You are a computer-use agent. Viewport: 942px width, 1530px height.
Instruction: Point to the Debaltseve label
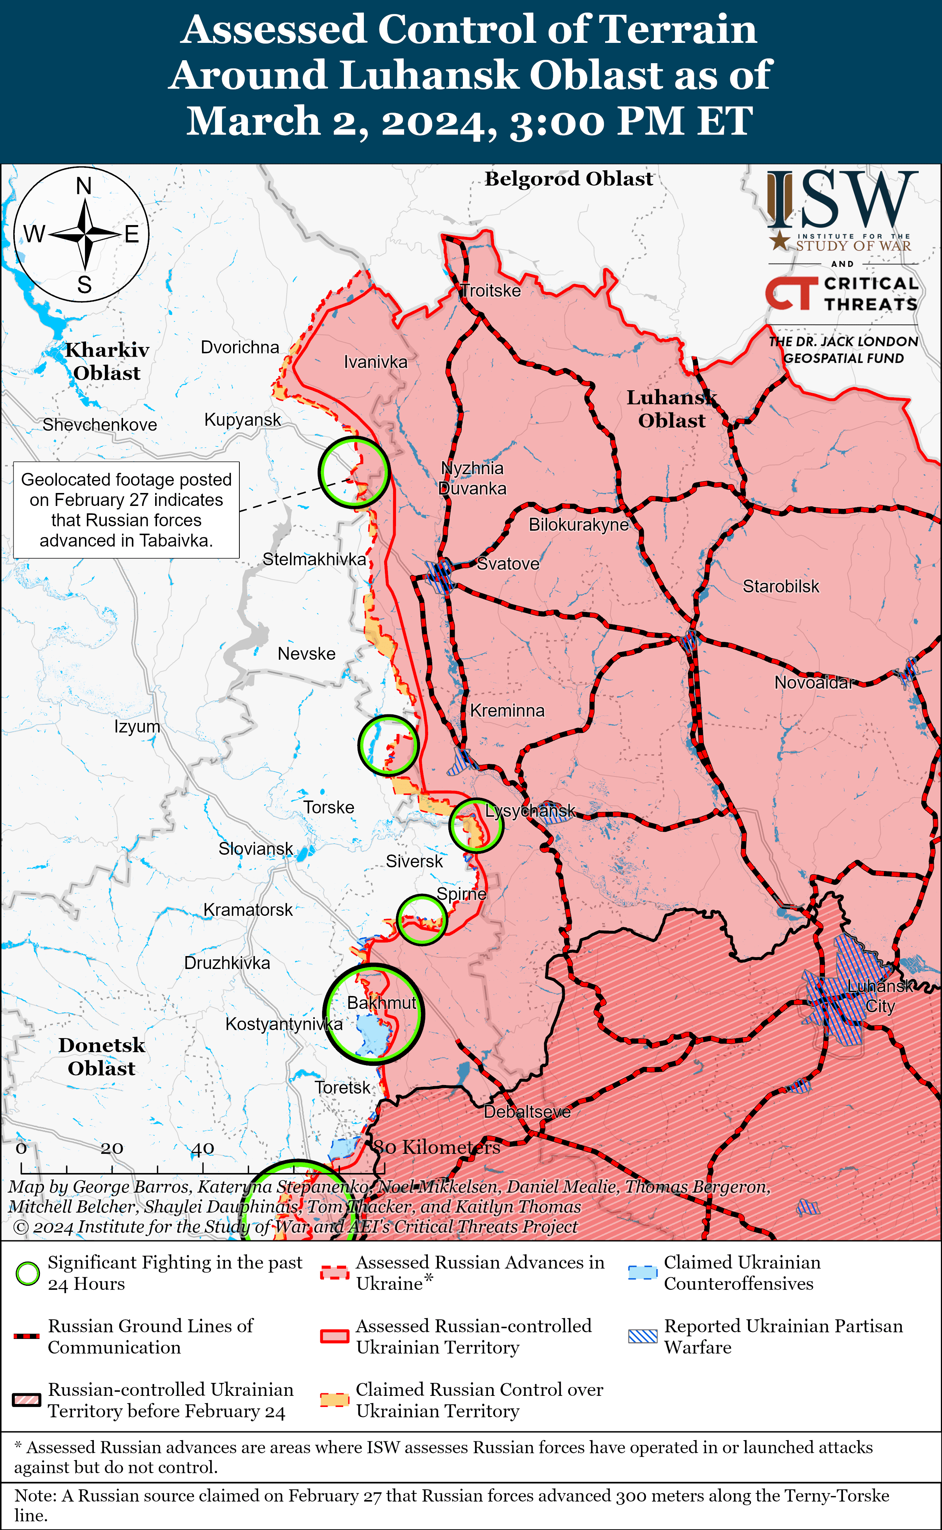coord(527,1111)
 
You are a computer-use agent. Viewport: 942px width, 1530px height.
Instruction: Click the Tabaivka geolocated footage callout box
coord(126,510)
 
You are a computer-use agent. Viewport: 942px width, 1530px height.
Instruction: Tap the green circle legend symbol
coord(27,1273)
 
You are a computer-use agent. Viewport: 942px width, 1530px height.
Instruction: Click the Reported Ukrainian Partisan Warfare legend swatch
coord(642,1336)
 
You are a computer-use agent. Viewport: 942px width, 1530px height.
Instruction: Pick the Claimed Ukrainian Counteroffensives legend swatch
coord(642,1273)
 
